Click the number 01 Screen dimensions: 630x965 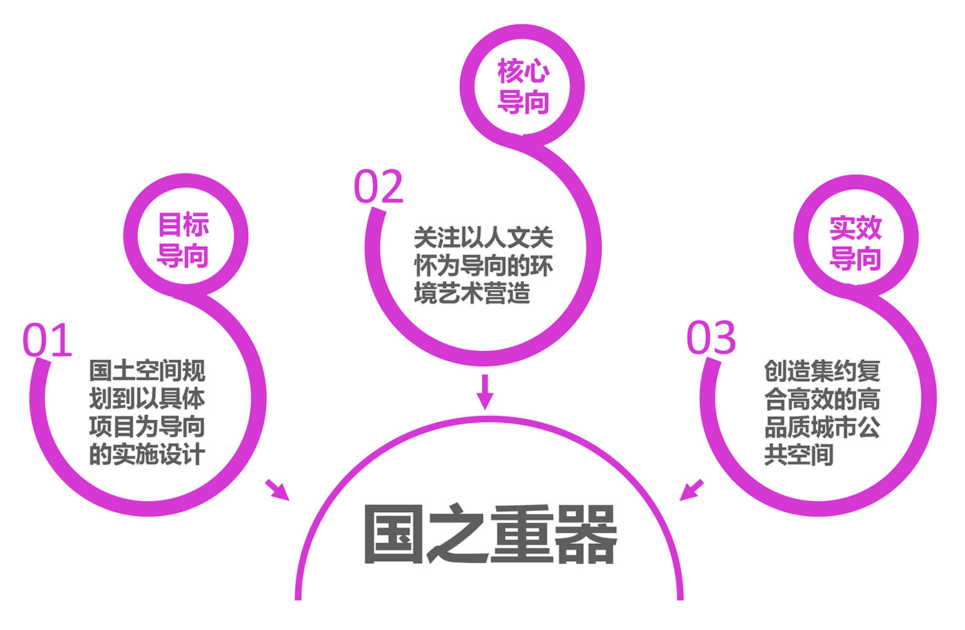pos(47,340)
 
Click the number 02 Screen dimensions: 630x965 pos(378,187)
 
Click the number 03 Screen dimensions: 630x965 pos(711,338)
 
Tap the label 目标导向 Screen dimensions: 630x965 pos(183,240)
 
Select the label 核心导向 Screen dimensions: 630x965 pos(523,86)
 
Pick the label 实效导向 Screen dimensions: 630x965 pos(855,243)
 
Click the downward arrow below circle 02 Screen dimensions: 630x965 pos(485,391)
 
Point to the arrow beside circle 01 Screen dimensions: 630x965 pos(277,489)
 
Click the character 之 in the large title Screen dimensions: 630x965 pos(458,535)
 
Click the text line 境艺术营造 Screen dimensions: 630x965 pos(472,294)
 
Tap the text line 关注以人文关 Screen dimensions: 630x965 pos(483,238)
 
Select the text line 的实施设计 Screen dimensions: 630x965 pos(147,454)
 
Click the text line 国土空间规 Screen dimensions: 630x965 pos(147,371)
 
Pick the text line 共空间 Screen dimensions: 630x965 pos(799,454)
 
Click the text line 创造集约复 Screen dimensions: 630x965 pos(822,371)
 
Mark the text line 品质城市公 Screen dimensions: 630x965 pos(822,427)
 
